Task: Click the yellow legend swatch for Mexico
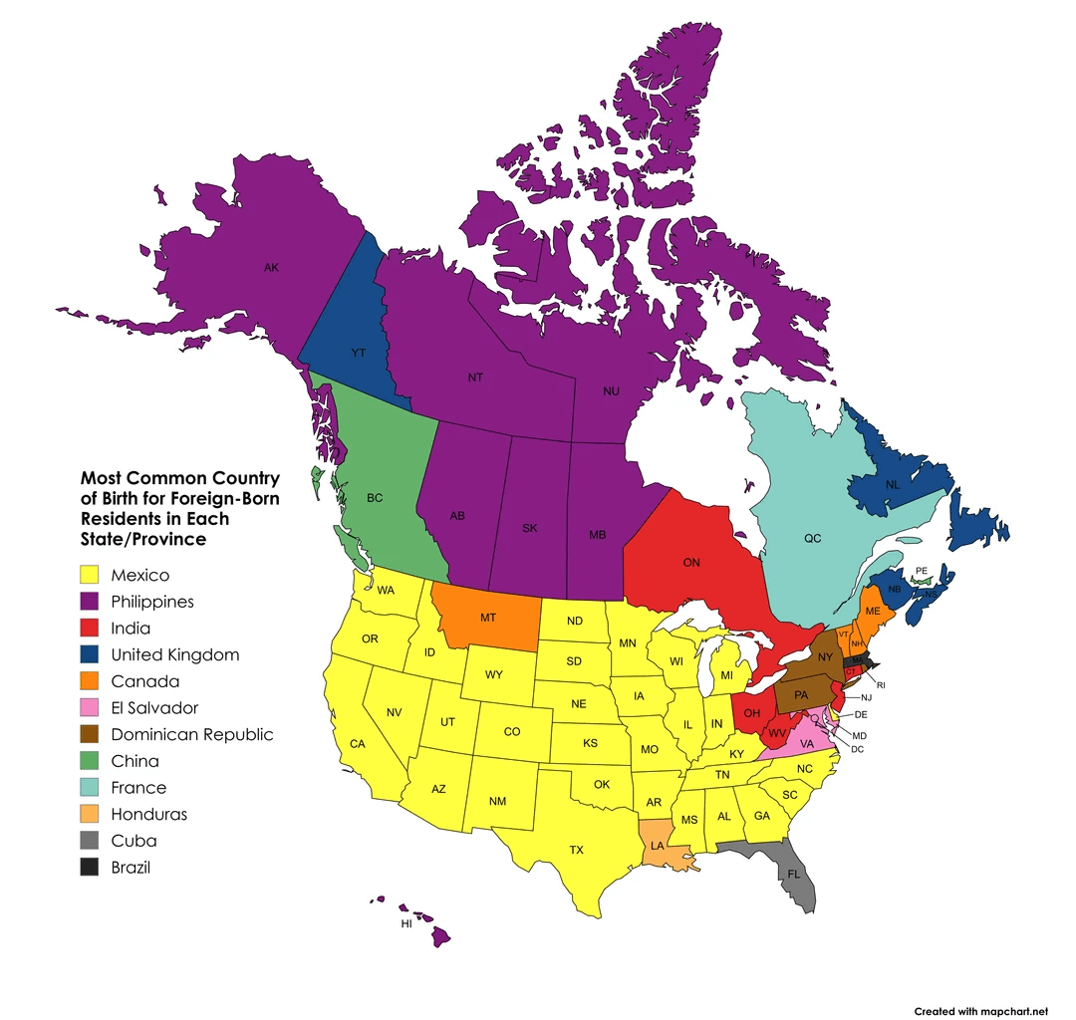click(92, 575)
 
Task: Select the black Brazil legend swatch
click(92, 867)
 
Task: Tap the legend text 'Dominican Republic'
click(192, 735)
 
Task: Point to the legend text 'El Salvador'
click(154, 708)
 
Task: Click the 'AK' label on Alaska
click(271, 267)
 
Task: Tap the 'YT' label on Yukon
click(358, 353)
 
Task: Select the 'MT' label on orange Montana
click(488, 618)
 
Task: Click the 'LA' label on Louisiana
click(658, 846)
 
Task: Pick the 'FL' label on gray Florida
click(793, 874)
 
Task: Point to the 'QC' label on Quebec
click(813, 538)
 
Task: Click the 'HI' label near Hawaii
click(406, 924)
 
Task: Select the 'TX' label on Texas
click(576, 850)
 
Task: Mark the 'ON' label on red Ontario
click(691, 563)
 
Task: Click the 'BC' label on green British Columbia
click(375, 497)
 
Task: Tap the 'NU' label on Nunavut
click(612, 391)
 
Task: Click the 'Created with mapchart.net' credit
click(981, 1011)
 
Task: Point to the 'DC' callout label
click(858, 748)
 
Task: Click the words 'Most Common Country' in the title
click(179, 478)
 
